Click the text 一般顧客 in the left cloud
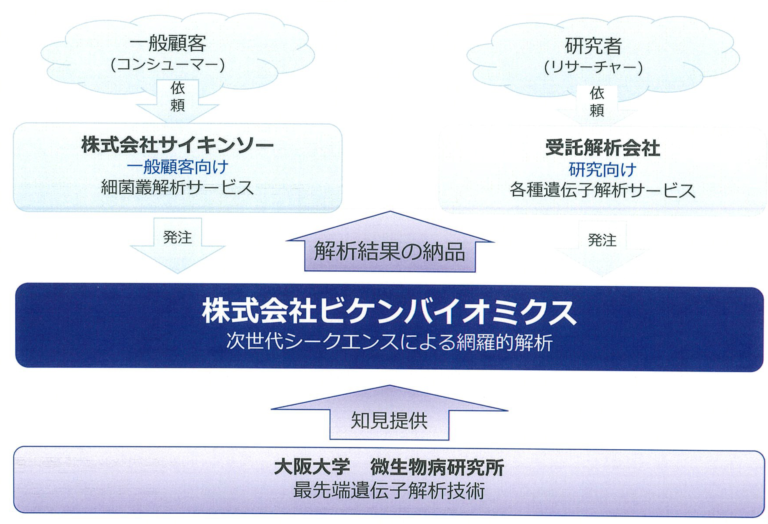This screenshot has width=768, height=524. click(x=168, y=44)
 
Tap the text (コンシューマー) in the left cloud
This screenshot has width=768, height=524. click(x=168, y=65)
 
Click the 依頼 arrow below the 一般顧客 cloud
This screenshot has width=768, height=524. click(x=178, y=98)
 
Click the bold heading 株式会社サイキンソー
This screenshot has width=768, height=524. click(x=178, y=145)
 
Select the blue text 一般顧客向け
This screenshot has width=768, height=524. click(x=178, y=167)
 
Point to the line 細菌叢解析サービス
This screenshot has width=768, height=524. click(x=178, y=188)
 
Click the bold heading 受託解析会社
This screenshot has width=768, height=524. click(x=602, y=148)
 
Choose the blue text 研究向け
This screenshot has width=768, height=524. click(x=602, y=170)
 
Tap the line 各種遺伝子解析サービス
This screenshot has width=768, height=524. click(x=602, y=191)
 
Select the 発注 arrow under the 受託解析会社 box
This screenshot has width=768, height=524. click(x=602, y=245)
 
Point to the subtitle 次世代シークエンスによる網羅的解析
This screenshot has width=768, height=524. click(x=389, y=342)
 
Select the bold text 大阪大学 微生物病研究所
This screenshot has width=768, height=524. click(x=389, y=467)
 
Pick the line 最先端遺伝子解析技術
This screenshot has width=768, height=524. click(x=389, y=491)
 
